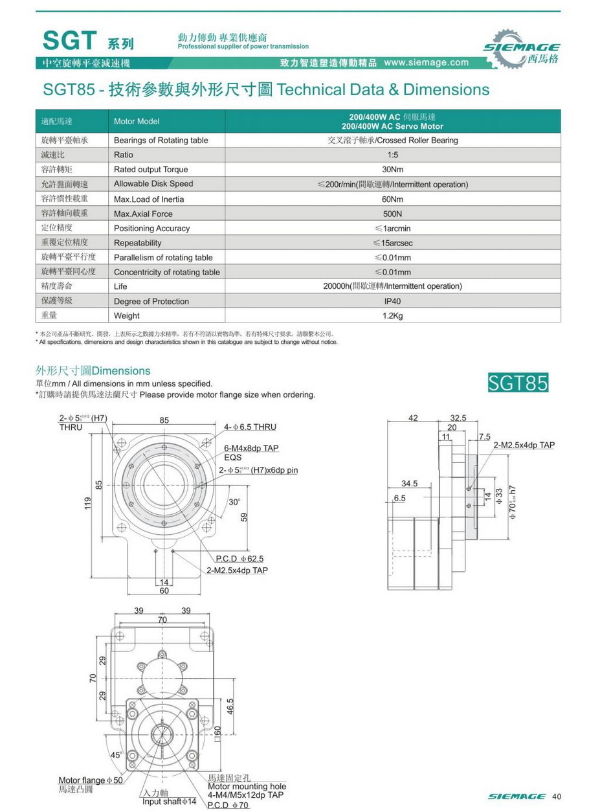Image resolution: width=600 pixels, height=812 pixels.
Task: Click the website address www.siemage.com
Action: [x=426, y=63]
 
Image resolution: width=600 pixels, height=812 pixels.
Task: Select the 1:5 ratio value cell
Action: [x=392, y=155]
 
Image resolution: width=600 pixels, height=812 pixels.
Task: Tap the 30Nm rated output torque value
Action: [x=392, y=170]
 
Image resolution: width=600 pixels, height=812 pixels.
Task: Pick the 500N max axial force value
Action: [x=392, y=214]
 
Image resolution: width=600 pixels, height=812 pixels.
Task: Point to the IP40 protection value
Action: [x=392, y=301]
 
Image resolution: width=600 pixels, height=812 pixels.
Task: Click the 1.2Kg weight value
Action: [x=392, y=316]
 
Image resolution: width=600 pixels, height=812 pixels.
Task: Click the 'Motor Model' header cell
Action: [x=136, y=121]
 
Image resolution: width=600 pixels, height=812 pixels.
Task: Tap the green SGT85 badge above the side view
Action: [x=518, y=383]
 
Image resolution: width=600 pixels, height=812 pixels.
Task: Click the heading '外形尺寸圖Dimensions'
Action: [x=93, y=371]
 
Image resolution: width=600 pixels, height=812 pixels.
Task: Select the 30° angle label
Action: [x=234, y=502]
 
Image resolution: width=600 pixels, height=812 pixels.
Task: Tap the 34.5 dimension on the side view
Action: [x=409, y=484]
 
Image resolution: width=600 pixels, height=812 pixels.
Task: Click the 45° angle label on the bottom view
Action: [x=117, y=755]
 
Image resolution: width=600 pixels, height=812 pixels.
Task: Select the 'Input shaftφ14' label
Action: [x=169, y=802]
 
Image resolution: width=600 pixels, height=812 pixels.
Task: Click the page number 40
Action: [x=556, y=796]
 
